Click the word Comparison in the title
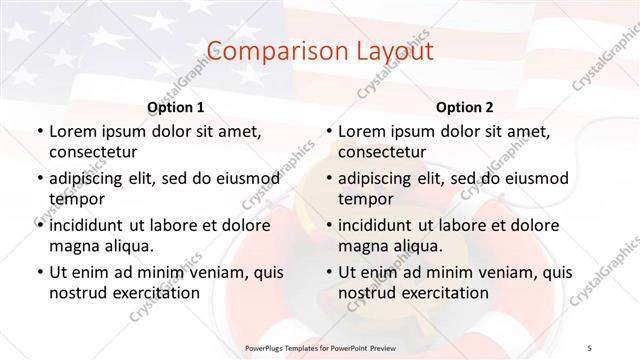[262, 51]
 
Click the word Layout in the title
[390, 51]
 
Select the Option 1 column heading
[176, 107]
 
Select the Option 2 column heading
[465, 107]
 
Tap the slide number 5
[590, 346]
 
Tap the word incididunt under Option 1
[90, 225]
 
